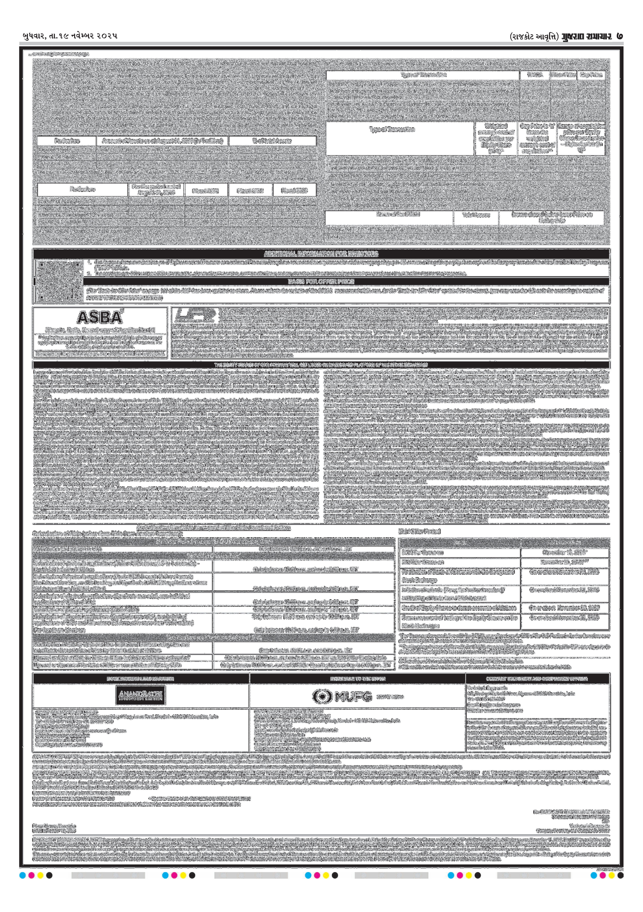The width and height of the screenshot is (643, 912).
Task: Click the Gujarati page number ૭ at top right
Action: pos(620,36)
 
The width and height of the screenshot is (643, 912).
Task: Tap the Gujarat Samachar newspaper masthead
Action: pos(586,36)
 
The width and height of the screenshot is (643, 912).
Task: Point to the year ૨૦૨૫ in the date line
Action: pos(107,36)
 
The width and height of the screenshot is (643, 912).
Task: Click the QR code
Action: pos(57,280)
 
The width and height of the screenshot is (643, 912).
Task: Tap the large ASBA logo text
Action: pos(100,317)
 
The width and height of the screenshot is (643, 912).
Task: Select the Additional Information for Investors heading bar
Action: pos(321,254)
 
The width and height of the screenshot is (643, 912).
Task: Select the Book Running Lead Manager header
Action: pos(141,679)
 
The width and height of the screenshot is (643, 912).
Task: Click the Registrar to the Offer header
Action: pos(357,679)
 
